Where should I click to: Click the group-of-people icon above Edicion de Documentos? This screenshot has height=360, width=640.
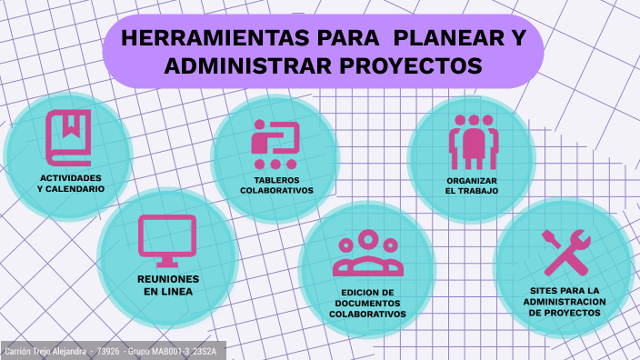click(367, 254)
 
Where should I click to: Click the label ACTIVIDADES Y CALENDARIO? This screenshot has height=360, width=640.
click(71, 183)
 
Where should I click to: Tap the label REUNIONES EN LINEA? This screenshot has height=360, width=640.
click(168, 285)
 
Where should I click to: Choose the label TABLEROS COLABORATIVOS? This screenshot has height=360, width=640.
click(276, 185)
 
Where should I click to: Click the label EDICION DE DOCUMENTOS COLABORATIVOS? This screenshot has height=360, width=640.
click(367, 303)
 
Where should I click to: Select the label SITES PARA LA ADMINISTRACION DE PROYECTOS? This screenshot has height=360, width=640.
click(565, 301)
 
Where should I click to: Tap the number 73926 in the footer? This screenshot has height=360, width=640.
click(108, 351)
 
